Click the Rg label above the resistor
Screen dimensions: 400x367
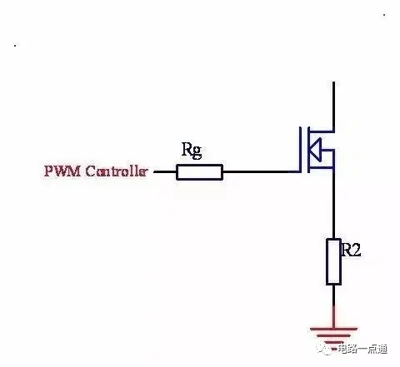click(192, 150)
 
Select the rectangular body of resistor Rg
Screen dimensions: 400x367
click(199, 172)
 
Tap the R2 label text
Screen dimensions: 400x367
click(351, 250)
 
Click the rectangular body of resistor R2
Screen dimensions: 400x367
click(333, 261)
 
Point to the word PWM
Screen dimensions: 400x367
click(62, 171)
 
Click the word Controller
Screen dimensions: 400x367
click(116, 171)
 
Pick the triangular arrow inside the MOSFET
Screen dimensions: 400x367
click(316, 150)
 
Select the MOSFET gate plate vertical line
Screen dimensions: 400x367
click(300, 150)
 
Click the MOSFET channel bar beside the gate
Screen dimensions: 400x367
click(308, 150)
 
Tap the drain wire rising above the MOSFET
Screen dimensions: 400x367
click(333, 107)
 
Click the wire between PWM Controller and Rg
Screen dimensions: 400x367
click(165, 171)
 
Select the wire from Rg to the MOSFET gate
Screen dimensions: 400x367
click(261, 171)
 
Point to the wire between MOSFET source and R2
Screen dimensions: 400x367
click(333, 203)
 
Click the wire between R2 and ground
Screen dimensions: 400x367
click(333, 306)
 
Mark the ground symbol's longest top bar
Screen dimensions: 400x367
click(333, 329)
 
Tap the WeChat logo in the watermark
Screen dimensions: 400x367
click(326, 348)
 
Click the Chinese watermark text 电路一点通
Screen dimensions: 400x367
click(362, 349)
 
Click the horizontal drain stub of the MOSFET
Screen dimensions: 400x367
click(322, 131)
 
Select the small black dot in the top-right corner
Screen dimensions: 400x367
click(384, 15)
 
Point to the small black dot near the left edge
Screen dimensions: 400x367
click(15, 46)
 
